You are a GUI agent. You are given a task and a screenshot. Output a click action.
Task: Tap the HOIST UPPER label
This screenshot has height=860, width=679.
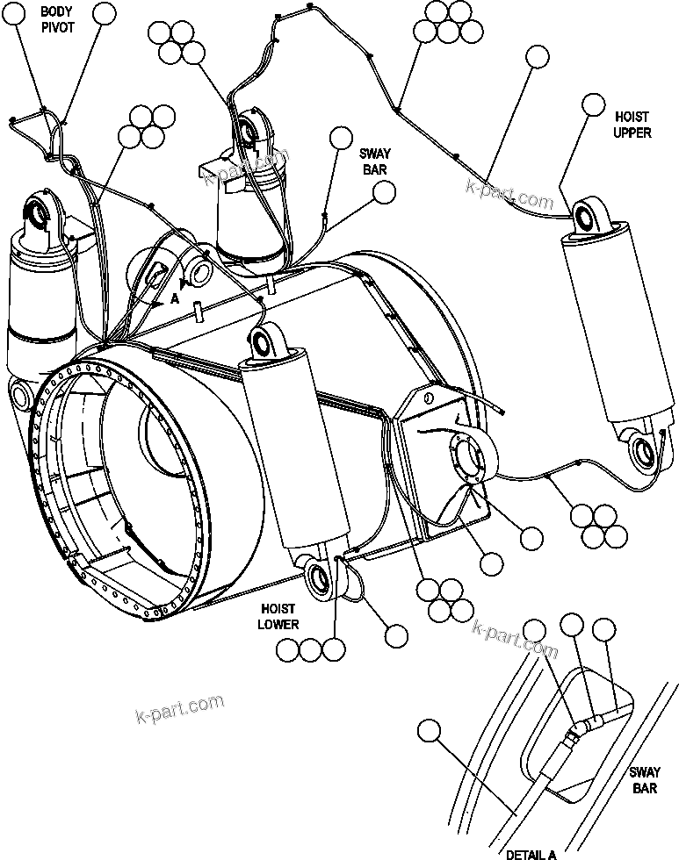point(632,125)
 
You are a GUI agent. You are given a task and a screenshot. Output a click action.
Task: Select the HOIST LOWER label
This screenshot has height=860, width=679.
point(278,617)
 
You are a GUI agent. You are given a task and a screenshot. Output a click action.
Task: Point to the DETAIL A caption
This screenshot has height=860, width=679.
point(531,853)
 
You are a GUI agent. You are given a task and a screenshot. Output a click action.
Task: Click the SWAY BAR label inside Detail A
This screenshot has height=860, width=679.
point(643,781)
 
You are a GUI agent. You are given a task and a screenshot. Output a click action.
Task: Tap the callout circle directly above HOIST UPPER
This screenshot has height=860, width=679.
point(595,105)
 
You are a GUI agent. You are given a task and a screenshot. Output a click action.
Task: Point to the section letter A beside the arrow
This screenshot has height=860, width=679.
point(176,299)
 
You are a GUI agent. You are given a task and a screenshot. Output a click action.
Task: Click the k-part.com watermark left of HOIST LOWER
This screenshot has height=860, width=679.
point(180,706)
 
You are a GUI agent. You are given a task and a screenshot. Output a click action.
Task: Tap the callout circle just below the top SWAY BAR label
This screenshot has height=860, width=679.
point(383,194)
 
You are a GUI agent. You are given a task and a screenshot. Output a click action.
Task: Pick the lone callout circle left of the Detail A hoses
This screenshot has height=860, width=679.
point(429,730)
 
